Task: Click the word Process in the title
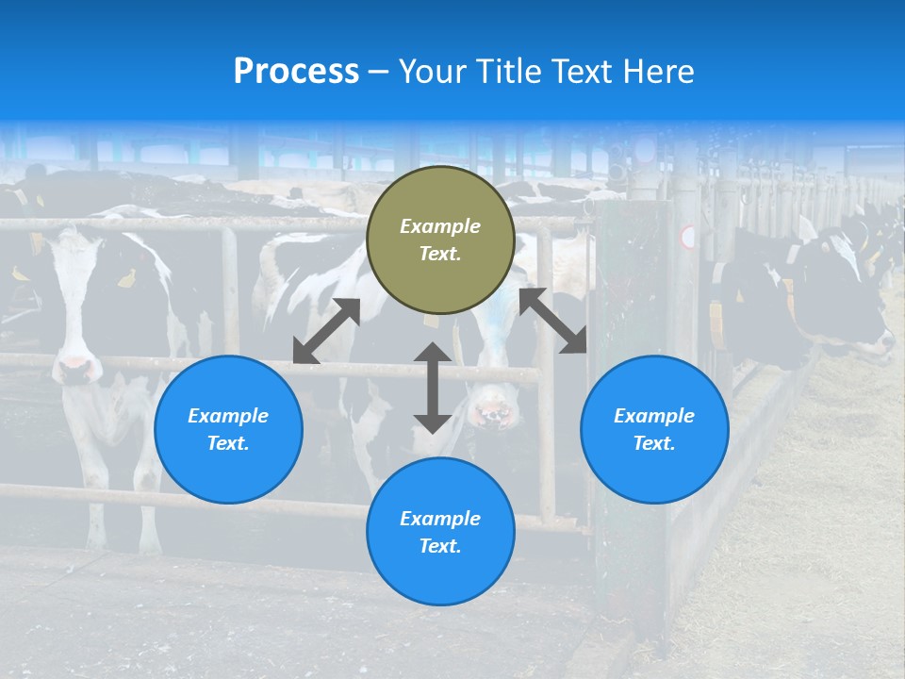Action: (296, 72)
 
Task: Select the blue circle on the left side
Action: (228, 462)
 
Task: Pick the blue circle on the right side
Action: (654, 462)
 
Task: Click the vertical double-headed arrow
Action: (433, 388)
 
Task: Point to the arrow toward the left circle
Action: (326, 331)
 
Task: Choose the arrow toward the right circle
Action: (552, 321)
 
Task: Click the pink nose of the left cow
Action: (75, 368)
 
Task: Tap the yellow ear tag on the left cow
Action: (125, 277)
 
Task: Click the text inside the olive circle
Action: (440, 240)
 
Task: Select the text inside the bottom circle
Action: (440, 532)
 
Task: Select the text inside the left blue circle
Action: (228, 429)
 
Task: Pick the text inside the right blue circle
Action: (654, 429)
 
